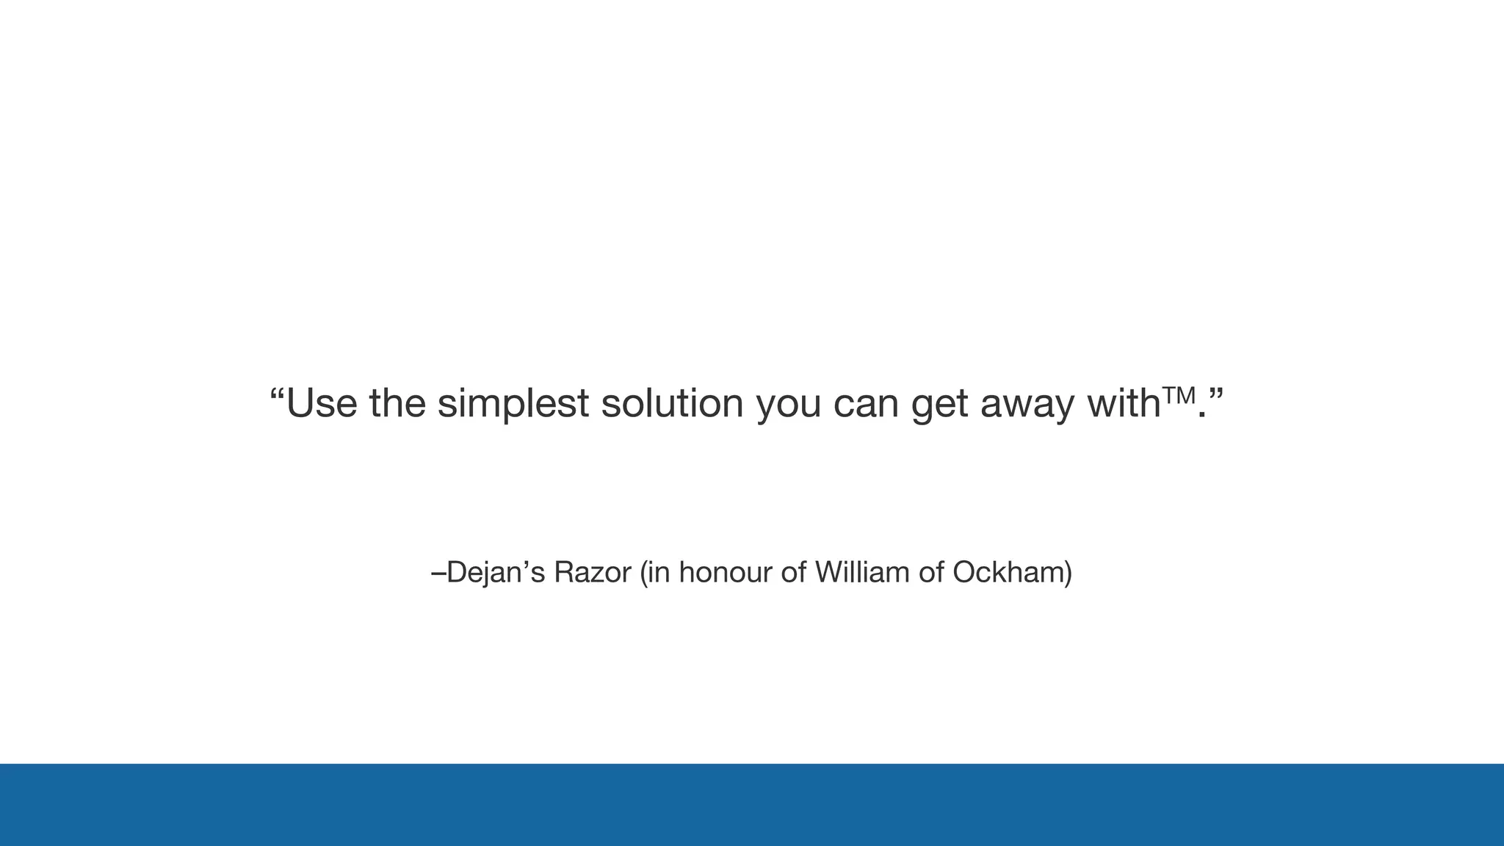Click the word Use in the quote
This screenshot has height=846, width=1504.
[x=321, y=403]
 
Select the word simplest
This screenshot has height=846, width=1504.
[x=513, y=403]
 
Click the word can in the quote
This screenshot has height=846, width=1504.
[x=866, y=405]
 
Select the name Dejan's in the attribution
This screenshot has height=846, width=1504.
[x=496, y=572]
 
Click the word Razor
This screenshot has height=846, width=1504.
[x=592, y=572]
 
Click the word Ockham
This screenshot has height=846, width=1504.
[x=1008, y=572]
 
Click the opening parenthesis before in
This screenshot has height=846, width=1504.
[x=644, y=573]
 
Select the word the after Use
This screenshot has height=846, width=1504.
[x=397, y=403]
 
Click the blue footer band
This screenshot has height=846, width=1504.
[x=752, y=805]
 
